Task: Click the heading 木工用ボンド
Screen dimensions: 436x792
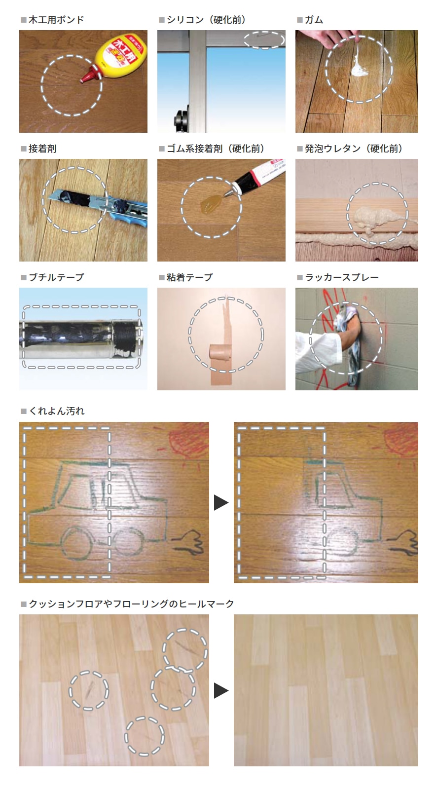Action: point(56,20)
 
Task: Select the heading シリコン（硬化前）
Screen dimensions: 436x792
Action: point(206,20)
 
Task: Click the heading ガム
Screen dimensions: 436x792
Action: point(314,20)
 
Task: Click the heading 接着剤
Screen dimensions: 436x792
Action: point(42,149)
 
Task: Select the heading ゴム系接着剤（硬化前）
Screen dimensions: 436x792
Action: point(216,149)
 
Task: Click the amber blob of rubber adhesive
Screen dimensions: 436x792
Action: point(211,204)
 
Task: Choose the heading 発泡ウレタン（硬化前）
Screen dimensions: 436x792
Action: point(353,149)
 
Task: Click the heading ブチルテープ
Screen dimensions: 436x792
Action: point(56,277)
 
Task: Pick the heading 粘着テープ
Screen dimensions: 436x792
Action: point(189,277)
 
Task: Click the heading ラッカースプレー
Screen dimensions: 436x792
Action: point(341,277)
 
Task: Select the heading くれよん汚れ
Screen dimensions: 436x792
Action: point(56,411)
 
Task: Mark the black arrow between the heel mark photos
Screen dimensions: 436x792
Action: point(221,691)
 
